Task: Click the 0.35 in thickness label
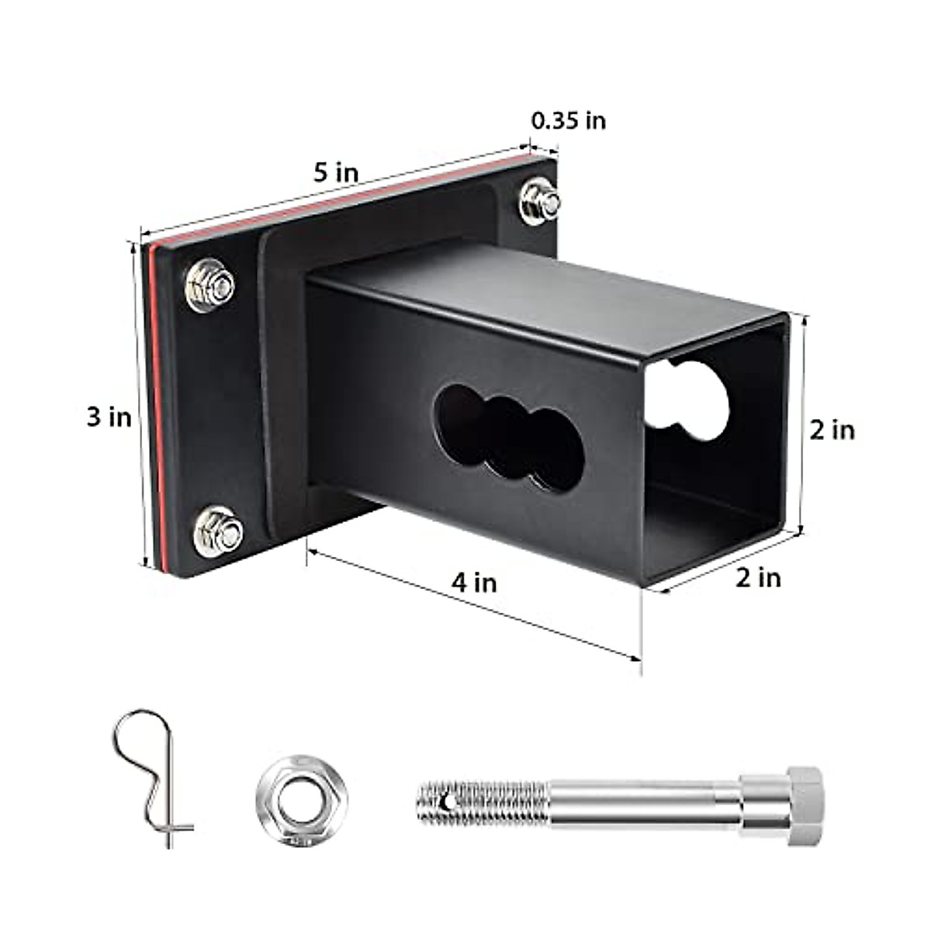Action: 568,121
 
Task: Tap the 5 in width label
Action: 336,172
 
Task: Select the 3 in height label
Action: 109,417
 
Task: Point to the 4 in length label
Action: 474,582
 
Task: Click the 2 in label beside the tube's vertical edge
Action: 832,430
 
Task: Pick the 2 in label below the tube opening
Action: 758,578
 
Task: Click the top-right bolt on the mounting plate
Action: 540,202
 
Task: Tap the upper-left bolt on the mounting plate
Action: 210,285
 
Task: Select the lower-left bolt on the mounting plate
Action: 218,531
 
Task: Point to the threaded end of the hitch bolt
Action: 481,804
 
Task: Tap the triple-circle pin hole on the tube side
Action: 508,438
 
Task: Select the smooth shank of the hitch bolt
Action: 644,804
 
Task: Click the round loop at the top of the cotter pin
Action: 140,733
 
